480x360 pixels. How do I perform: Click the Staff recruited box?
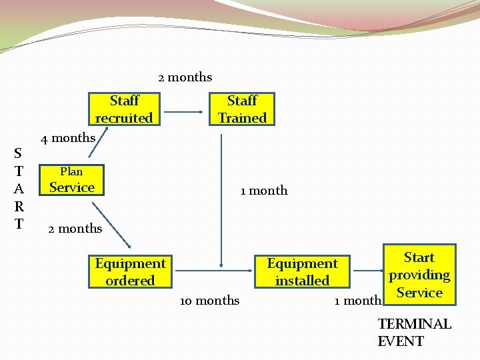[124, 109]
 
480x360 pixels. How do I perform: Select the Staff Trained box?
[242, 109]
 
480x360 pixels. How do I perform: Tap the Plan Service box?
[72, 180]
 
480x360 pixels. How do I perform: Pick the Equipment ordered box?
[130, 272]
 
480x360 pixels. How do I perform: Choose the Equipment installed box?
[302, 272]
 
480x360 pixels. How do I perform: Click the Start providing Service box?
[419, 275]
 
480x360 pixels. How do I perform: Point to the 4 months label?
[68, 138]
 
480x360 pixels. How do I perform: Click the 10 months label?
[209, 301]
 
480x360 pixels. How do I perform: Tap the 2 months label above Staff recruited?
[185, 77]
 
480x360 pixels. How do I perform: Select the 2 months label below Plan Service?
[75, 229]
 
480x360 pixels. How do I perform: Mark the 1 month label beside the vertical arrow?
[264, 191]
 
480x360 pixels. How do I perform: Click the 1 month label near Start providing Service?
[358, 301]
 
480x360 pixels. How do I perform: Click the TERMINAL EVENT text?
[414, 333]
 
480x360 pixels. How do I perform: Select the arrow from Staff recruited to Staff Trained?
[184, 110]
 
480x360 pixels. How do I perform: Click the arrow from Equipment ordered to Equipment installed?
[212, 271]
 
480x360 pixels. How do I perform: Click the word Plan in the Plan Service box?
[71, 171]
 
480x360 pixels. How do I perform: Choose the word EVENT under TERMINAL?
[401, 341]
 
